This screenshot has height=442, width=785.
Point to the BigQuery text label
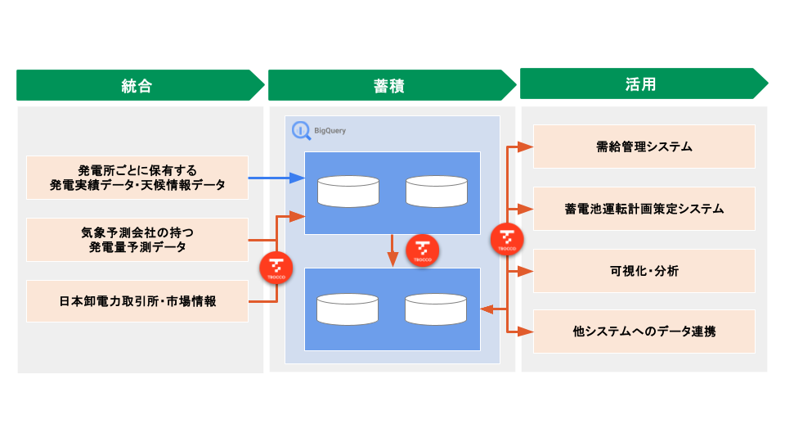click(330, 130)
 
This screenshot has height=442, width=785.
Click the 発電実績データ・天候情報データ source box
click(137, 178)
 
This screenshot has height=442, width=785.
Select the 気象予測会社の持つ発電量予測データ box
click(137, 239)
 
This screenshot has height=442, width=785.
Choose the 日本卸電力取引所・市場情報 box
click(137, 301)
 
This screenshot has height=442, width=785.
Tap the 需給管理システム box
click(644, 147)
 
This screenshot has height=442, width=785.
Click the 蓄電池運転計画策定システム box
click(644, 209)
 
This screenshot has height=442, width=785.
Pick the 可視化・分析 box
click(644, 271)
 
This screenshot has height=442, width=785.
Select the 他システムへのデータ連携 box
click(644, 331)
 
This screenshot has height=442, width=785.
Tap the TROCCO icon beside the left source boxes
click(276, 268)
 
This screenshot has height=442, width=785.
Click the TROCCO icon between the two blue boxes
click(423, 250)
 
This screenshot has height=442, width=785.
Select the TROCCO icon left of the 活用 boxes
click(507, 239)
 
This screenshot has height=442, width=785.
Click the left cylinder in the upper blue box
click(348, 191)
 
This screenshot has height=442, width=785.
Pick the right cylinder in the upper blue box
click(436, 191)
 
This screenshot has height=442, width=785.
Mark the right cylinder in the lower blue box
click(436, 308)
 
